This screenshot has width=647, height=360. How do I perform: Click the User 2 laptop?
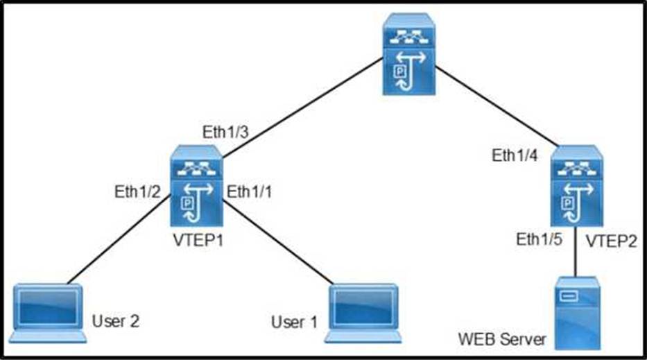click(50, 313)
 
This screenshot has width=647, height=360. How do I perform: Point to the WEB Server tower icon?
click(576, 313)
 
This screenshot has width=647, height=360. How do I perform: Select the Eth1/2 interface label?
click(137, 191)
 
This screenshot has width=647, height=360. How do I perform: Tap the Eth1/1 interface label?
click(251, 191)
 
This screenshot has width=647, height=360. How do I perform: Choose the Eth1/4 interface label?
click(515, 155)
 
